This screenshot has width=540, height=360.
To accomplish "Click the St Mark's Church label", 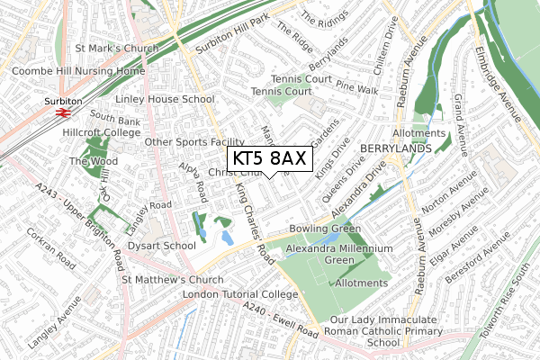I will (x=117, y=49).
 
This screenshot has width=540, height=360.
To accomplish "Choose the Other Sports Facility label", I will (x=194, y=142).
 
